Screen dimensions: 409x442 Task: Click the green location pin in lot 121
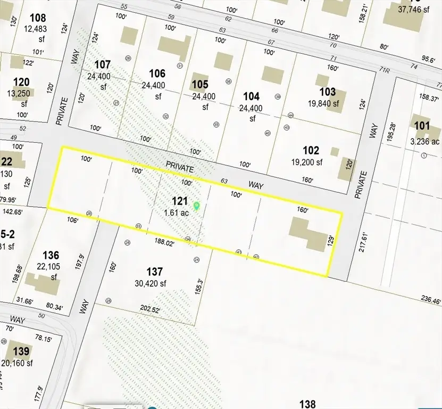[x=196, y=206]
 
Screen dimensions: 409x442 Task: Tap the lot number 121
[x=180, y=201]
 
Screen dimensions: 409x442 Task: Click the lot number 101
[x=421, y=126]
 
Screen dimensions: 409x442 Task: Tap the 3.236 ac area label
[x=425, y=141]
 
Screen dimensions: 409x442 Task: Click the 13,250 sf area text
[x=21, y=94]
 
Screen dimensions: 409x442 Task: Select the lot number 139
[x=21, y=352]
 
